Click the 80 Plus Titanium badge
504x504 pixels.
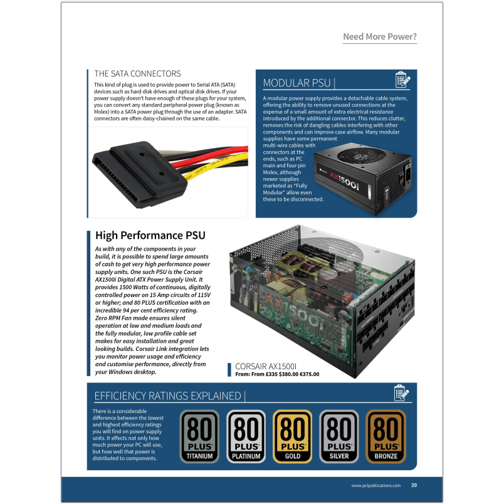coord(200,436)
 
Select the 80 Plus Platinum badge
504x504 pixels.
coord(246,436)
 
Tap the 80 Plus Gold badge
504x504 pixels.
coord(293,436)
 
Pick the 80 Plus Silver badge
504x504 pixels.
coord(339,436)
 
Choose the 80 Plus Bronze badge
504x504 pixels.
coord(386,436)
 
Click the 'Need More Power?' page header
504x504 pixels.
coord(379,36)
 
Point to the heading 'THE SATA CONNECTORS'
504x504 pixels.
coord(137,74)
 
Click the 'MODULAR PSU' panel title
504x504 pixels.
coord(298,83)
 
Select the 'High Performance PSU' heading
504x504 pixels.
coord(150,236)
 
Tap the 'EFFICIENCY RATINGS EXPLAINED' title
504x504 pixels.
coord(167,396)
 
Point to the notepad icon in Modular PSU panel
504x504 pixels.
coord(402,80)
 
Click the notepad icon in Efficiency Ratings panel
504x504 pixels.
coord(402,393)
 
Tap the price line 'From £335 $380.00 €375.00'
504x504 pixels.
coord(276,374)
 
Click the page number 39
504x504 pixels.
coord(414,485)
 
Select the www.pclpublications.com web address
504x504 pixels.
coord(375,485)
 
